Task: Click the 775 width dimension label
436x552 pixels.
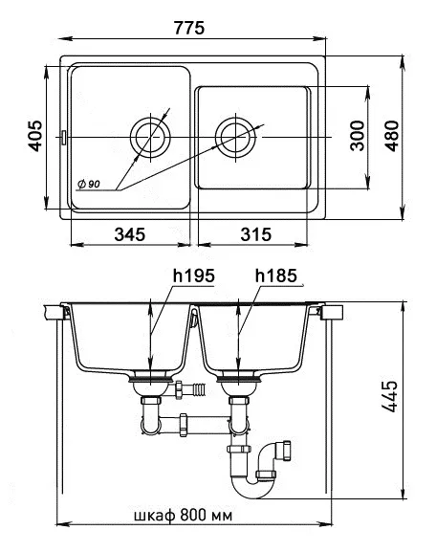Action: [x=189, y=28]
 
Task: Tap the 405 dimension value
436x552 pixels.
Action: [x=35, y=136]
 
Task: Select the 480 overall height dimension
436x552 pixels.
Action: [x=392, y=136]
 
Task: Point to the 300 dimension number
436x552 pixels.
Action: [x=358, y=136]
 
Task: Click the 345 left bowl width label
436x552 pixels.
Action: [x=129, y=234]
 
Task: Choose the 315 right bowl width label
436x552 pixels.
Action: [x=256, y=234]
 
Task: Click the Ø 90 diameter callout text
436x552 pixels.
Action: [x=89, y=184]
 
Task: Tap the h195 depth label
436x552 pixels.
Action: [x=193, y=276]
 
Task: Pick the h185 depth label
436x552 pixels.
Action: [x=276, y=276]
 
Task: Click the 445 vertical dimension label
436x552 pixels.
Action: [x=389, y=396]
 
